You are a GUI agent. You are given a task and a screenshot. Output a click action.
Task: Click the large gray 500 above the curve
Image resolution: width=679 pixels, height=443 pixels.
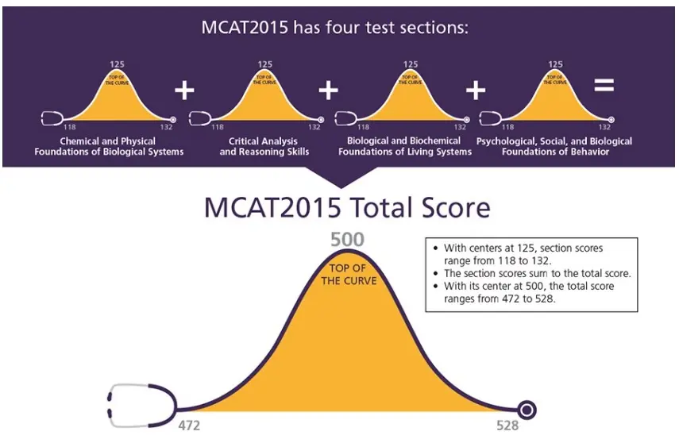(x=347, y=237)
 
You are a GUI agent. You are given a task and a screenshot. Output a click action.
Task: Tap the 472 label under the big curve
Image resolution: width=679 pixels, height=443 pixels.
(x=189, y=425)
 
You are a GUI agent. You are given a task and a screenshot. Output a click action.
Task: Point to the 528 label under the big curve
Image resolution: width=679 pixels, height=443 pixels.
(x=507, y=425)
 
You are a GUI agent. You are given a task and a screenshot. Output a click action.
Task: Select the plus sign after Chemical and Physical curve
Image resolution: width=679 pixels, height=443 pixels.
(x=184, y=90)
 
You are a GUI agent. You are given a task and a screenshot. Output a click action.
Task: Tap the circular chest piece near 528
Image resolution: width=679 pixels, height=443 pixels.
(x=527, y=410)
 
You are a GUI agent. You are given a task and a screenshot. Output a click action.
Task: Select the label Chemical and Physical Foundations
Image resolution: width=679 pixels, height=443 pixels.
(x=110, y=146)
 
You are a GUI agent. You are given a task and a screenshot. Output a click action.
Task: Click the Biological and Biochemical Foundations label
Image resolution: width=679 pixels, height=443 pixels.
(x=404, y=146)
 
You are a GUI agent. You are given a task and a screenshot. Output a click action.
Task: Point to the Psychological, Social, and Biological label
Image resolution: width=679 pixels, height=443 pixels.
(x=554, y=146)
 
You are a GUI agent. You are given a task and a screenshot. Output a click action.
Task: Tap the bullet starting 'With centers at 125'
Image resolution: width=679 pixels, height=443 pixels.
(x=527, y=254)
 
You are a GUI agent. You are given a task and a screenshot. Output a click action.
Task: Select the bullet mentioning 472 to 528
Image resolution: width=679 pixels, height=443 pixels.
(x=527, y=292)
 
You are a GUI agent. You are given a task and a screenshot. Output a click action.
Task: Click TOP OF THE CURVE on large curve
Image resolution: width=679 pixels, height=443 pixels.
(x=348, y=274)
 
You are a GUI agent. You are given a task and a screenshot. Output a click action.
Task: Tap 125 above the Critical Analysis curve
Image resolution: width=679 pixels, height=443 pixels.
(x=264, y=65)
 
